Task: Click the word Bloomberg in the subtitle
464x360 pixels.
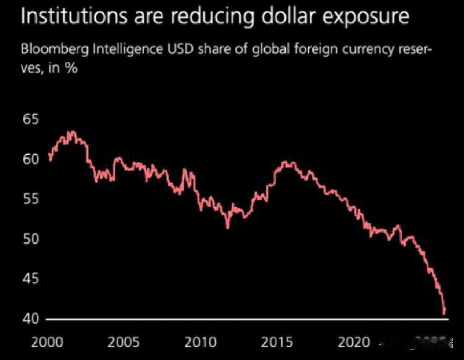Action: [55, 49]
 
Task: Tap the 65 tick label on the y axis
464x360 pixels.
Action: [31, 120]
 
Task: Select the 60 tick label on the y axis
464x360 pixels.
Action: [31, 159]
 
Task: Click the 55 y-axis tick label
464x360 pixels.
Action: [31, 199]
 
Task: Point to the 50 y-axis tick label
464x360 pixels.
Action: [31, 239]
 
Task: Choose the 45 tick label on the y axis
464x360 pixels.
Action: [31, 279]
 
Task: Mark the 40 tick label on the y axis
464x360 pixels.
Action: [31, 319]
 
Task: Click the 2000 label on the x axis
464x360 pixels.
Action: [47, 342]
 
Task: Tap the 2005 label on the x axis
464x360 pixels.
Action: [124, 342]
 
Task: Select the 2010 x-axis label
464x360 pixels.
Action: [200, 342]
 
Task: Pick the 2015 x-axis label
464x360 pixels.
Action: [277, 342]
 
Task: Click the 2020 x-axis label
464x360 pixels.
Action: [353, 342]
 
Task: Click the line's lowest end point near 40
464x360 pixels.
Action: [445, 313]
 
